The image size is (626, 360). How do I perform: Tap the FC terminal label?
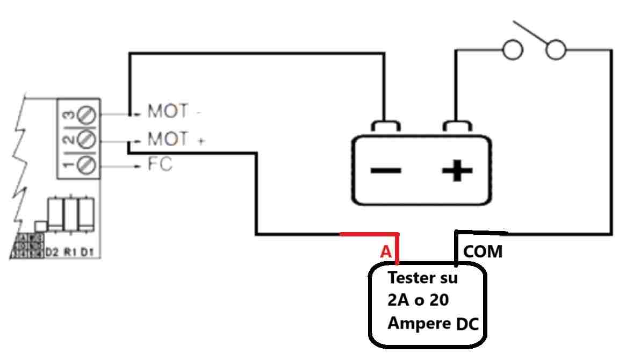tap(160, 164)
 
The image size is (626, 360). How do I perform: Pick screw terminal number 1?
tap(87, 164)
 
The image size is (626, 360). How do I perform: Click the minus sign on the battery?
tap(386, 171)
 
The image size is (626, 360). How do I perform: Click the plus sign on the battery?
tap(457, 171)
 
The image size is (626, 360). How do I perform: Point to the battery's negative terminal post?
tap(385, 127)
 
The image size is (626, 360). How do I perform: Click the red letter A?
tap(385, 251)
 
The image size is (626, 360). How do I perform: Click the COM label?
tap(483, 251)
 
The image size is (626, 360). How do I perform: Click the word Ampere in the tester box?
tap(419, 324)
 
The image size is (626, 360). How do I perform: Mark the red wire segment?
tap(371, 234)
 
